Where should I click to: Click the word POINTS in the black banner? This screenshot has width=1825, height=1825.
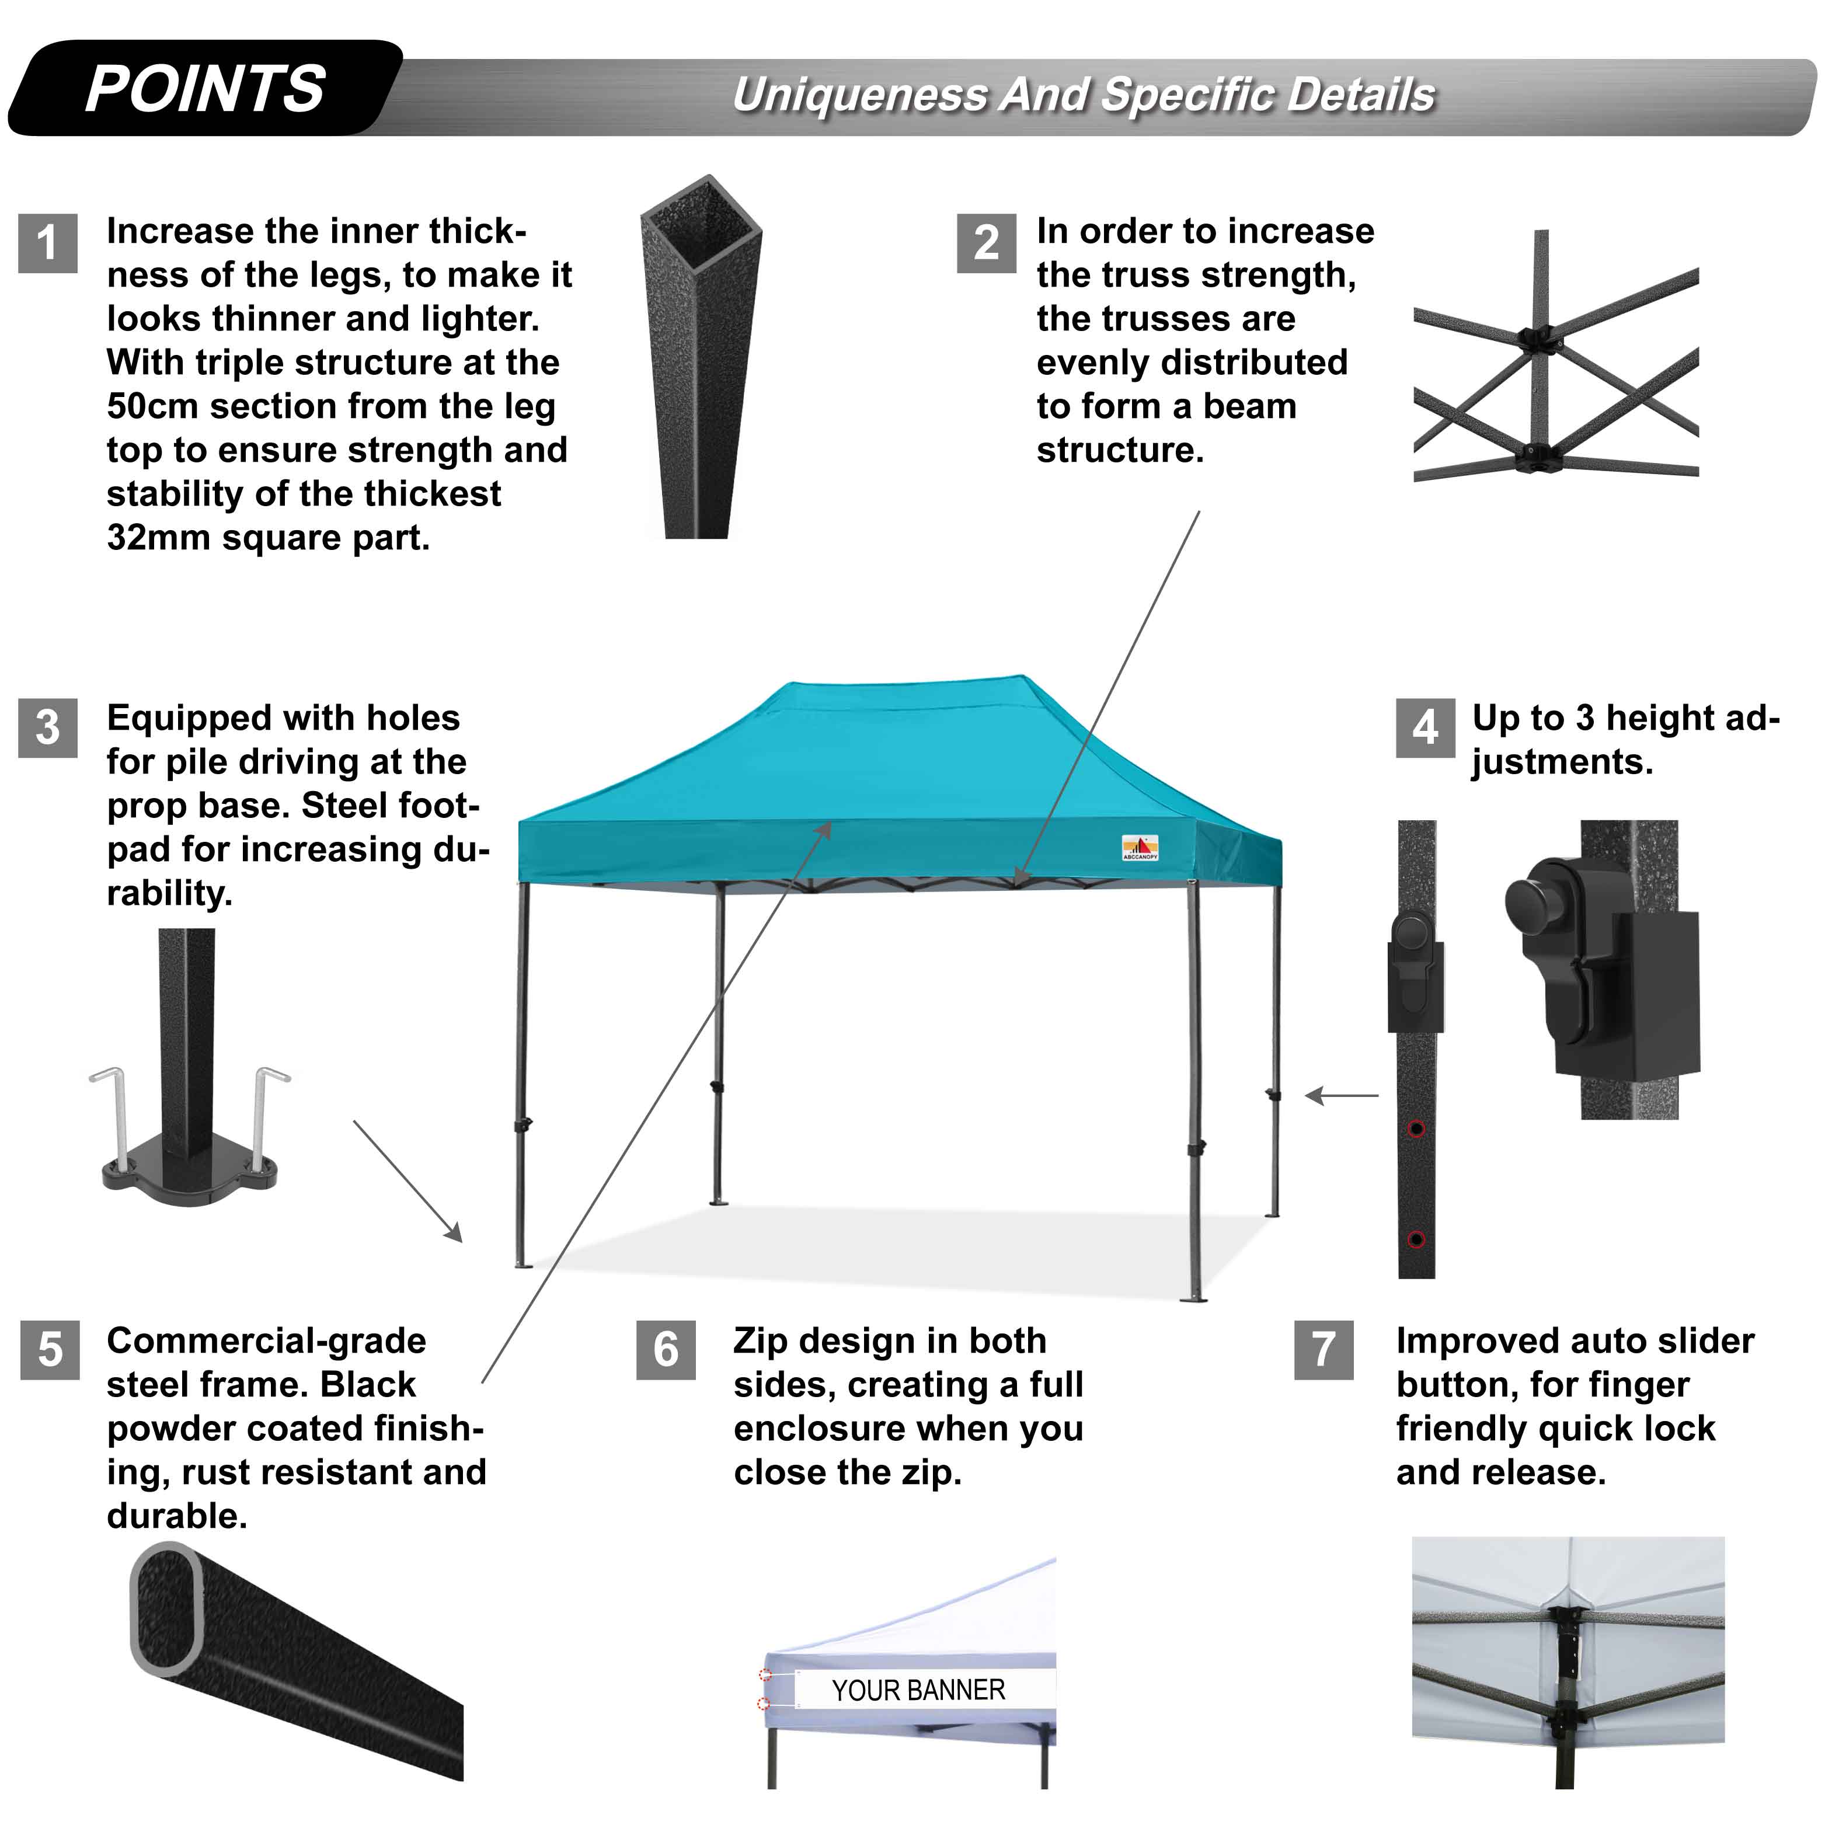(x=205, y=90)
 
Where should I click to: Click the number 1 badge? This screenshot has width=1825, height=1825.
(x=47, y=243)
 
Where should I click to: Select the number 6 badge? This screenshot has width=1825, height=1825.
(x=666, y=1350)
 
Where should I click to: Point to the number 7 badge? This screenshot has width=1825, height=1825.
(x=1324, y=1350)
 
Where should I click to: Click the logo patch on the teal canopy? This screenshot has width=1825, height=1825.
(x=1140, y=847)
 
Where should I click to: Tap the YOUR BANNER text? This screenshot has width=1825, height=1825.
(x=918, y=1690)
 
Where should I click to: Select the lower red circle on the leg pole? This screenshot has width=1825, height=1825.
(x=1416, y=1239)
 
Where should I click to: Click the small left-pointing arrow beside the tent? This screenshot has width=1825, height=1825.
(x=1342, y=1096)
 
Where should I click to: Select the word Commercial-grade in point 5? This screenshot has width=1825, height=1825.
(x=266, y=1340)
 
